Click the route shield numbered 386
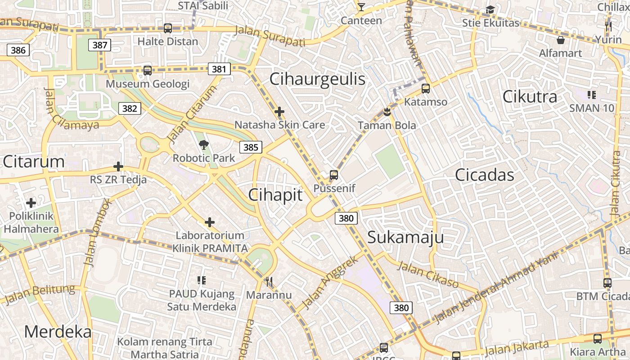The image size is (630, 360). [18, 50]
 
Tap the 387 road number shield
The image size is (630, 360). [100, 45]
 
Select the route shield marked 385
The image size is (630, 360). [251, 147]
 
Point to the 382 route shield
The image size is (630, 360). [130, 108]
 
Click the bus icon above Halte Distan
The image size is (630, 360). [168, 28]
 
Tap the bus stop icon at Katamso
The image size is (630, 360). [426, 89]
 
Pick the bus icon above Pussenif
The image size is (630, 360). [333, 175]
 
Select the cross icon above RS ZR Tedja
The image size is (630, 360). [118, 167]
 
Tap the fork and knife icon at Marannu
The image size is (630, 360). [269, 282]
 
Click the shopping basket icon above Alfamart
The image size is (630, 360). [561, 40]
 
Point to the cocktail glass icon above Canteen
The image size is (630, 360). [361, 7]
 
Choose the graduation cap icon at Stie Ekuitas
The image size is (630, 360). [490, 10]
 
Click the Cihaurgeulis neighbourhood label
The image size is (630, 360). [317, 79]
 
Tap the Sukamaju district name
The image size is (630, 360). [405, 237]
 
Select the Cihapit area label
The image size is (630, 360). [275, 195]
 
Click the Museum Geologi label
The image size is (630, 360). [148, 84]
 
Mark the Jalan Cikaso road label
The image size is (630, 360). [428, 274]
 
